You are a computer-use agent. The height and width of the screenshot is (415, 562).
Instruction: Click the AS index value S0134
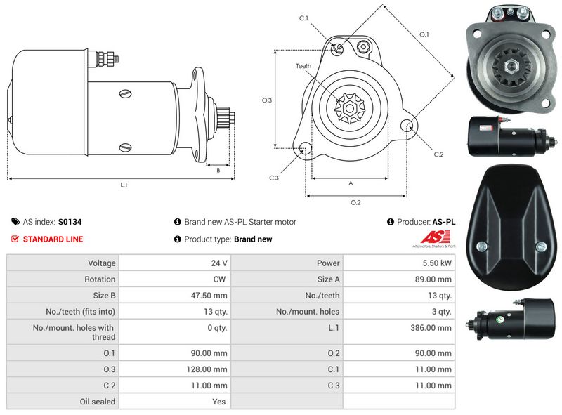[x=70, y=222]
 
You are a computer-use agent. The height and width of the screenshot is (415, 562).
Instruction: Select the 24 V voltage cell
[x=219, y=263]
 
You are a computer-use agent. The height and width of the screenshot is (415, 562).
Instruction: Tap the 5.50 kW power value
[x=437, y=263]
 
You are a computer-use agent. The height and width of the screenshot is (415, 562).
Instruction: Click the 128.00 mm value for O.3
[x=210, y=369]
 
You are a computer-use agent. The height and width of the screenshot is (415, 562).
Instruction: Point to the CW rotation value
[x=220, y=279]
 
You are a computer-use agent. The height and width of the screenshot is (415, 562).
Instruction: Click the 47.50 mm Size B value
[x=211, y=296]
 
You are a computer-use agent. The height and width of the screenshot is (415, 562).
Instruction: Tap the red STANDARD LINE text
[x=53, y=239]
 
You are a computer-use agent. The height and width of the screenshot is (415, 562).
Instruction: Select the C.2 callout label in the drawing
[x=438, y=154]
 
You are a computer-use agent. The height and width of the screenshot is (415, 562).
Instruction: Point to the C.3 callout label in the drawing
[x=275, y=178]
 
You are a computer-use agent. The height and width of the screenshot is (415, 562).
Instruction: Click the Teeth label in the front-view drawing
[x=303, y=66]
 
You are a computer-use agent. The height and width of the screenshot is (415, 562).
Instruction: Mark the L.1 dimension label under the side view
[x=124, y=185]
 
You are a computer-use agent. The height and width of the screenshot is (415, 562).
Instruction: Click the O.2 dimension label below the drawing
[x=355, y=203]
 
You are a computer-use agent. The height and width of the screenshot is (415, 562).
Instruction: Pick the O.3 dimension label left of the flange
[x=267, y=100]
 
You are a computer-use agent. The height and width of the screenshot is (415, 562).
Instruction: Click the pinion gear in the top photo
[x=511, y=67]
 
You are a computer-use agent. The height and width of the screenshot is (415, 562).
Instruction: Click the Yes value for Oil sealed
[x=219, y=402]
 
